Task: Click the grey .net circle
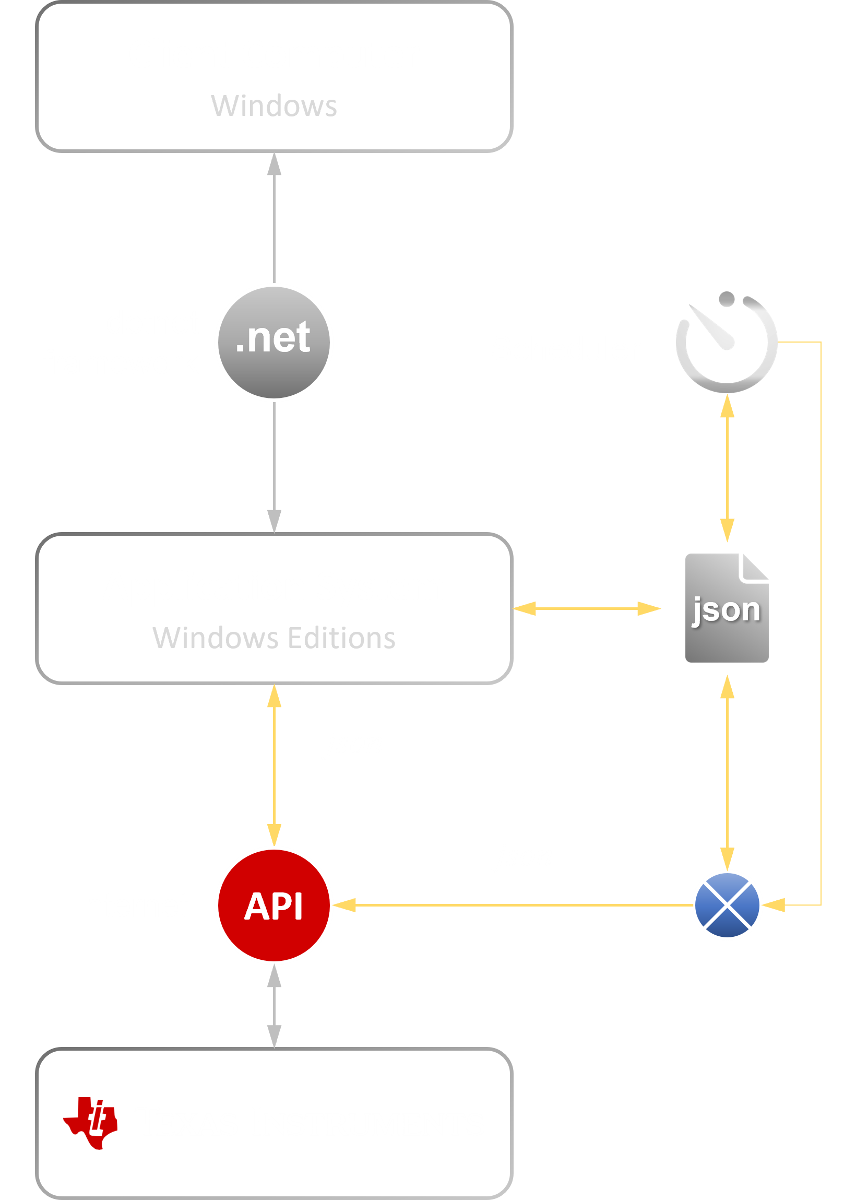point(274,342)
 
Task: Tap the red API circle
point(274,905)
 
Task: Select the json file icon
point(727,609)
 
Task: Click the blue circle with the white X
point(727,905)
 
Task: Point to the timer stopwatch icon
point(727,343)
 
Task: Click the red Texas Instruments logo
point(91,1123)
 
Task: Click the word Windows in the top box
point(274,105)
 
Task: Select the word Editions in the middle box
point(341,638)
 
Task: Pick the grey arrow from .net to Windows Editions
point(274,464)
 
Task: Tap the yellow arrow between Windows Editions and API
point(274,764)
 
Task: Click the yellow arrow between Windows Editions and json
point(586,608)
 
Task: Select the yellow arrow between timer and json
point(728,468)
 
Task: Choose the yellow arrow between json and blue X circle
point(728,772)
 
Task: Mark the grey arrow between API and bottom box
point(274,1004)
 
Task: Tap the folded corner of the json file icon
point(755,567)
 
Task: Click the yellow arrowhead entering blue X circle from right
point(774,905)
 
